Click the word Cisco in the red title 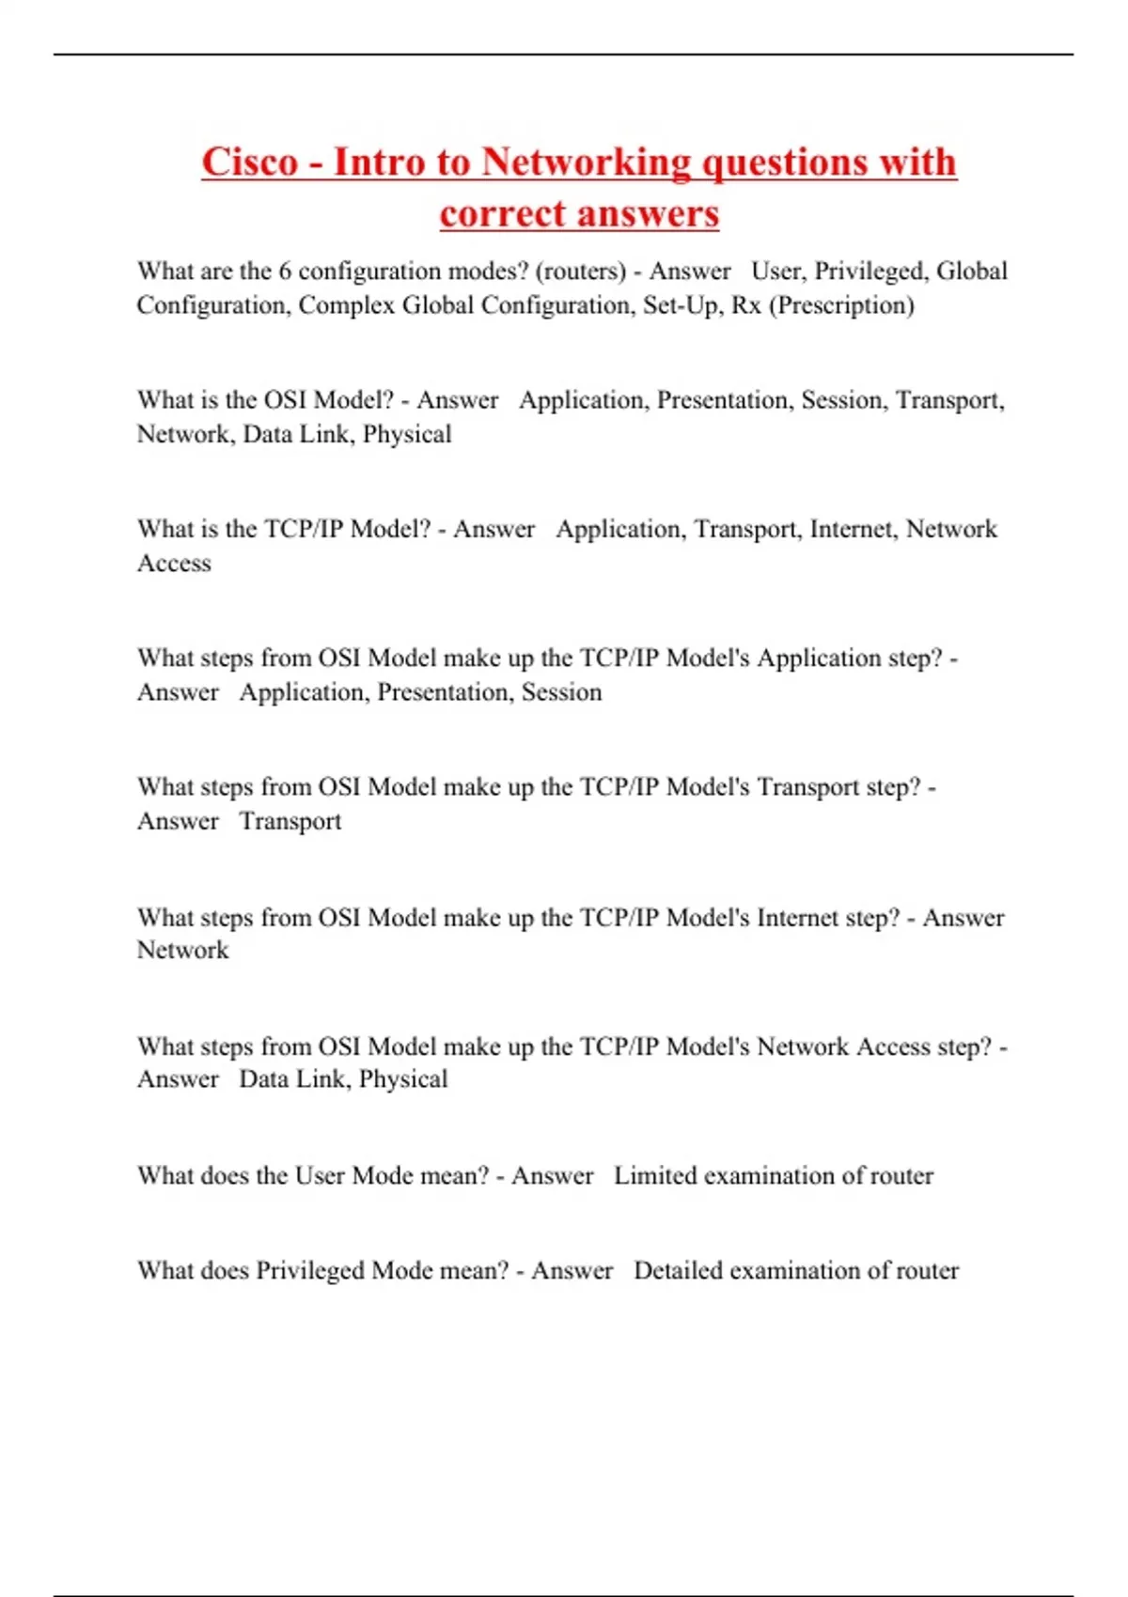pos(249,162)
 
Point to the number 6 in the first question pos(285,271)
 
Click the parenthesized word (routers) pos(580,271)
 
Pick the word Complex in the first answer pos(346,305)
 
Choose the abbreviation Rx pos(745,305)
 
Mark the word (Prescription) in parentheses pos(841,305)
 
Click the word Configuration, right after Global pos(212,305)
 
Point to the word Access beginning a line pos(174,564)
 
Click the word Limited pos(654,1176)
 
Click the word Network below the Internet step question pos(182,951)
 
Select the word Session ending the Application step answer pos(561,692)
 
